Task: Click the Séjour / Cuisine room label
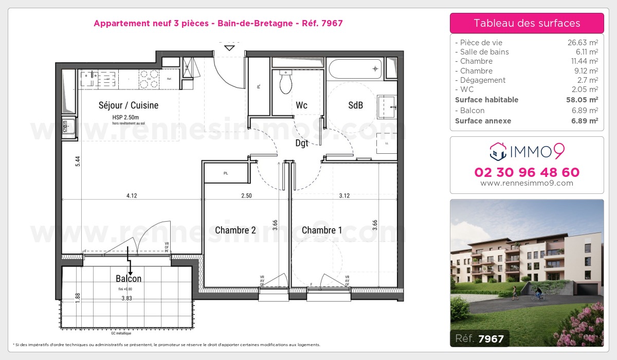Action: (x=129, y=105)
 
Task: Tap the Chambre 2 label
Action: (x=235, y=230)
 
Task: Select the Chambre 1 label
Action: (x=322, y=230)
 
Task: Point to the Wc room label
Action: (x=301, y=105)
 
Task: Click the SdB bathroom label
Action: (x=356, y=105)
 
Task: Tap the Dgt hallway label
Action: (x=302, y=143)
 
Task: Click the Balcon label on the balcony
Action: (x=129, y=279)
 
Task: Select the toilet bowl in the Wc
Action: (x=286, y=83)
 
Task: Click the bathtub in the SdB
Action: (x=355, y=68)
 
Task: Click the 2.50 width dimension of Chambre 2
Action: (x=246, y=195)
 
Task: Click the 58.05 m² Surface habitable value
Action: (x=583, y=100)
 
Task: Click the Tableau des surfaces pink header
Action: (x=527, y=23)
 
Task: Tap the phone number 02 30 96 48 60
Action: (x=527, y=172)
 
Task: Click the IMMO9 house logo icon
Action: (x=498, y=151)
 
